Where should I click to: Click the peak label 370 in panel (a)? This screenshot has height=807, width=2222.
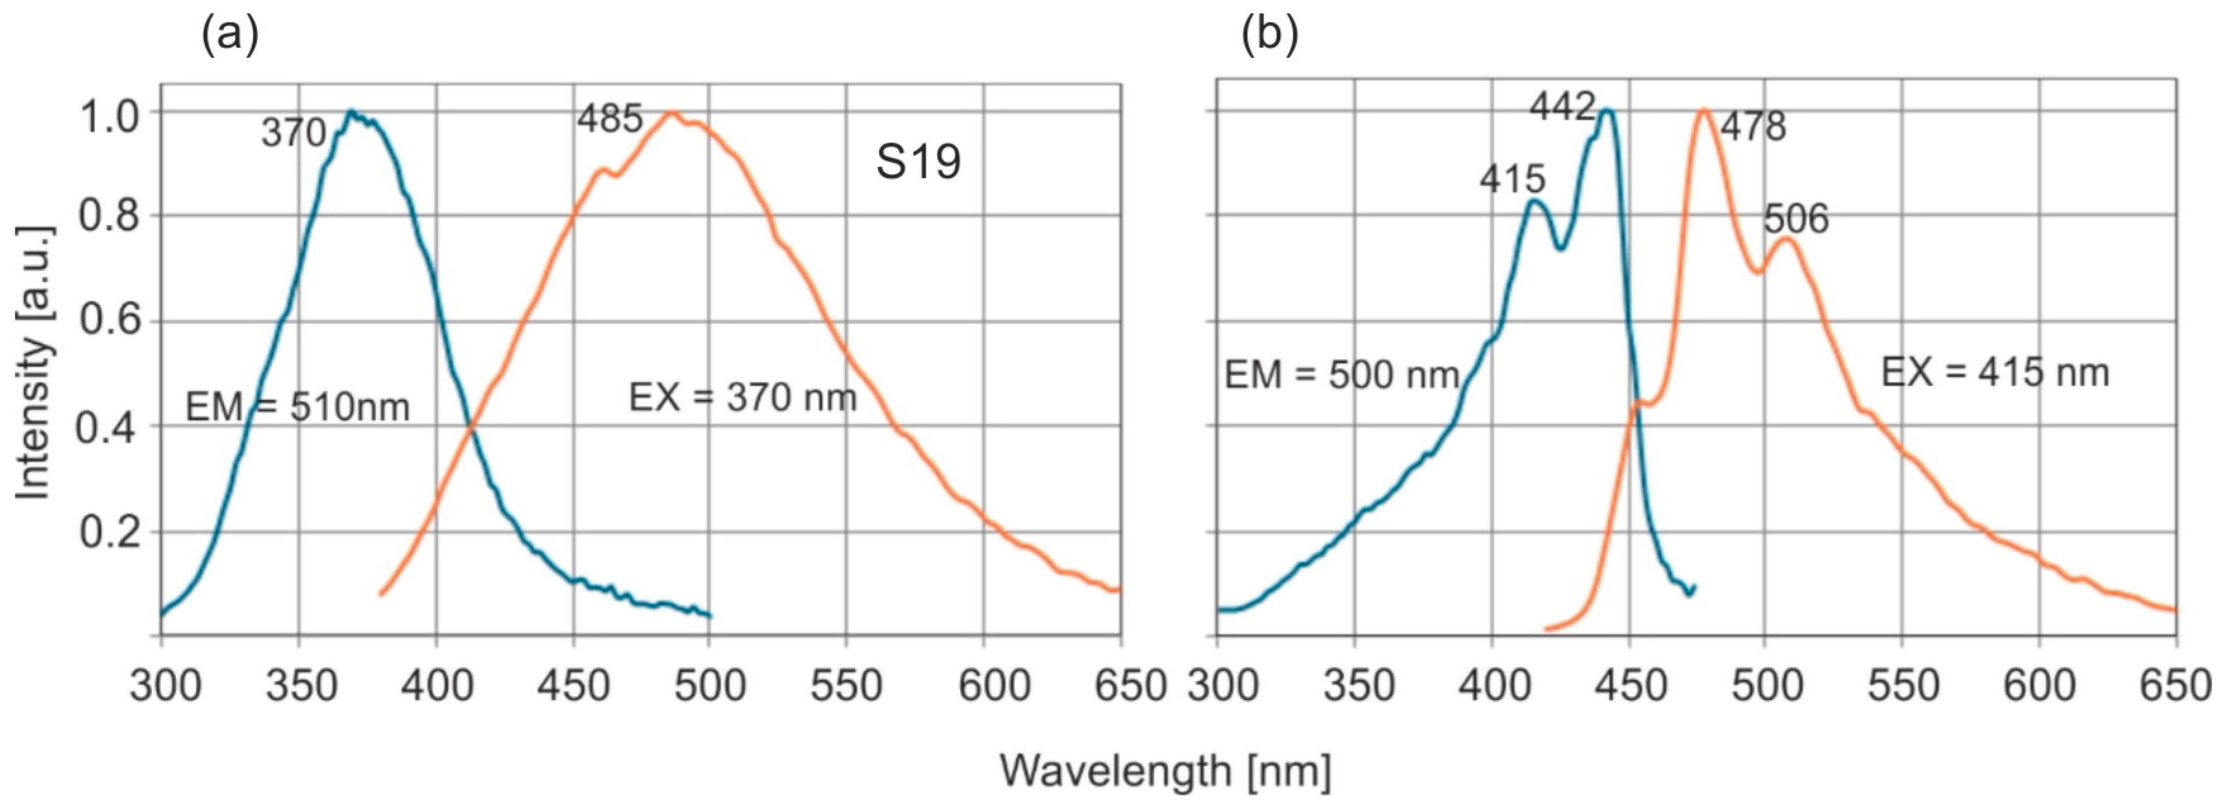(x=293, y=133)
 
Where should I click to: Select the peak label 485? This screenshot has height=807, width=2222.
(x=610, y=119)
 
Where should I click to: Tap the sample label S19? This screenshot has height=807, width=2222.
(x=918, y=162)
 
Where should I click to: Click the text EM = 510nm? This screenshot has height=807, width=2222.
(x=297, y=407)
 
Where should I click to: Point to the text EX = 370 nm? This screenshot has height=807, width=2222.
(x=743, y=397)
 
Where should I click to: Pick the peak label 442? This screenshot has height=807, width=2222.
(x=1562, y=108)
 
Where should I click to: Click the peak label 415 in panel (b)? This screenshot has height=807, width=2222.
(x=1512, y=180)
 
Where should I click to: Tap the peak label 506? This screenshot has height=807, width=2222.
(x=1796, y=219)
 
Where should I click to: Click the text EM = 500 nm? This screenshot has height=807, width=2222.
(x=1342, y=375)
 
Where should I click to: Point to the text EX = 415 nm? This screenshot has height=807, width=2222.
(x=1994, y=373)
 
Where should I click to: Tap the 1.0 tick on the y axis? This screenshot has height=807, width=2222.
(x=108, y=116)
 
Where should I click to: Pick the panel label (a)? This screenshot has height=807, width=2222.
(x=230, y=36)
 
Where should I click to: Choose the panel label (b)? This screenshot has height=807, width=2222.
(x=1269, y=36)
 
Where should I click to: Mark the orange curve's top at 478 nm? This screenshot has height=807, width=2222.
(x=1703, y=109)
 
